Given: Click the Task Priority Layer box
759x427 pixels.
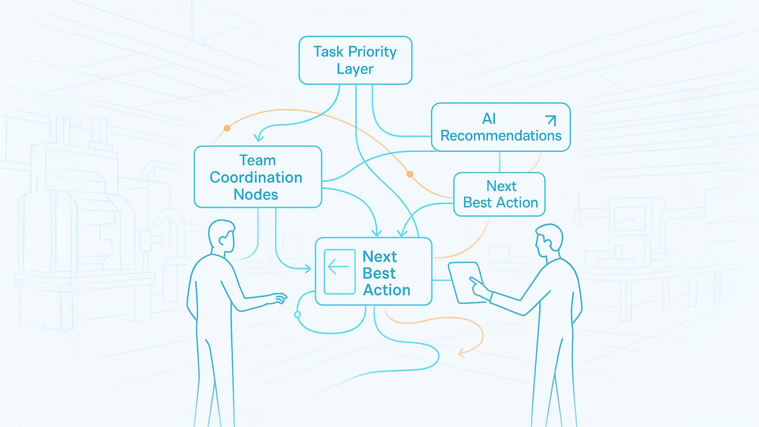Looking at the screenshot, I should point(355,60).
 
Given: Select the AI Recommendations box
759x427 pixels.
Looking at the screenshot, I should point(500,127).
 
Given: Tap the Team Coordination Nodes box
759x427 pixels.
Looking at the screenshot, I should point(258,177).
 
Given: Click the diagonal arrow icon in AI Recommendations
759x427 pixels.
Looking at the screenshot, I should point(551,120).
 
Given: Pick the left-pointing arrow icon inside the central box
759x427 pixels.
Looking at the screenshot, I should point(339,267).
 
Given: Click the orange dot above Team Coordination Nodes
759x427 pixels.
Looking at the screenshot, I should point(227,128).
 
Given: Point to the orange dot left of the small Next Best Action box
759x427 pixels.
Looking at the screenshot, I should point(410,174).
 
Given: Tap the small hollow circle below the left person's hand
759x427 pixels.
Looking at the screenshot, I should point(297,315).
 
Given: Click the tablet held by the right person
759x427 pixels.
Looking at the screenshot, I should point(466,283).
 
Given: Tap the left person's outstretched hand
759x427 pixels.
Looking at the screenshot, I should point(278,299).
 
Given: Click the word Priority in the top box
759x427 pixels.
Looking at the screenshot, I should point(372,52).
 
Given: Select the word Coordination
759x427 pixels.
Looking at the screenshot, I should point(256,178).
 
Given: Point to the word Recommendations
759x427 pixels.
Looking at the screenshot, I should point(501,136).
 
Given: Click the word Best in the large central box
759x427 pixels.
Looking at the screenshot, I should point(379,273).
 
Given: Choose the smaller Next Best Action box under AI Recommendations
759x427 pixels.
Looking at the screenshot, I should point(499,194).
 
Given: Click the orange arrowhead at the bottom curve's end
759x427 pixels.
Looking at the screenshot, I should point(461,353).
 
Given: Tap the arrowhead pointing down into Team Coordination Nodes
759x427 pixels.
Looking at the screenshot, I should point(259,138).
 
